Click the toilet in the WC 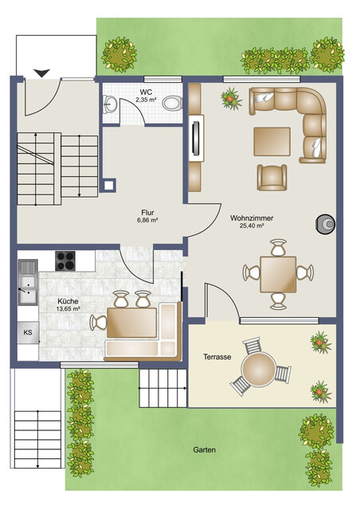click(x=172, y=104)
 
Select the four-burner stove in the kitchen click(x=65, y=261)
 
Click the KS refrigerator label click(x=28, y=332)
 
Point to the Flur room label click(x=147, y=213)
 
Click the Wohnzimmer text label click(x=252, y=218)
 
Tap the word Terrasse click(x=217, y=357)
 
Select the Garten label click(x=204, y=449)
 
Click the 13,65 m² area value click(x=68, y=308)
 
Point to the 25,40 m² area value click(x=252, y=226)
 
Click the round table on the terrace click(x=259, y=369)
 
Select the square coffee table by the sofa click(x=272, y=142)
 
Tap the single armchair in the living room click(x=272, y=177)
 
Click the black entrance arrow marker click(x=42, y=73)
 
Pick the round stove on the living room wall click(x=326, y=224)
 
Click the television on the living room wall click(x=196, y=139)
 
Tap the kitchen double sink click(x=28, y=282)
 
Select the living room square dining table click(x=279, y=274)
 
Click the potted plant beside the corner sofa click(x=231, y=98)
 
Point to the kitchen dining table click(x=131, y=322)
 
